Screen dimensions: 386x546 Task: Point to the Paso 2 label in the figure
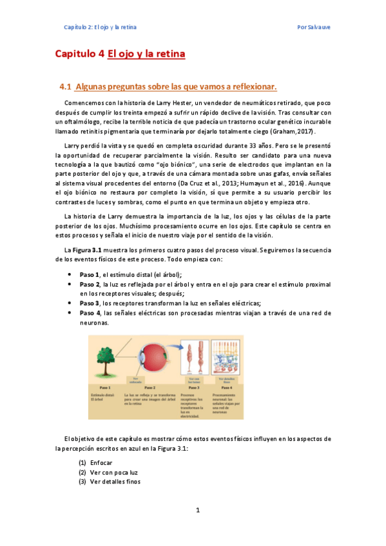150,388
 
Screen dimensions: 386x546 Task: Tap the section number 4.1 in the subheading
64,86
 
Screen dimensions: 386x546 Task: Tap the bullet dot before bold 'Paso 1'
70,274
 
